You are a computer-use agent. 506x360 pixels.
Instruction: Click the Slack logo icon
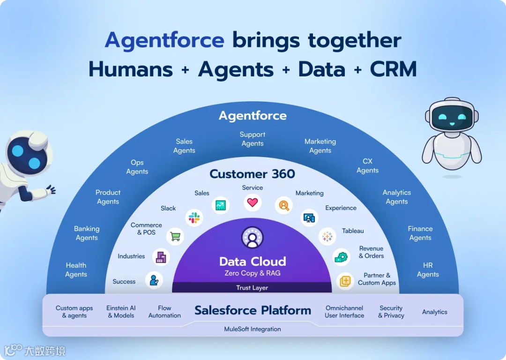click(194, 217)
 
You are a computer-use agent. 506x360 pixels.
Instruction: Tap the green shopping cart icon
click(175, 236)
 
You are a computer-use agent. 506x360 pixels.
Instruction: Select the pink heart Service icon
click(253, 203)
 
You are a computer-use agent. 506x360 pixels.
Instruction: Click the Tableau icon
click(327, 236)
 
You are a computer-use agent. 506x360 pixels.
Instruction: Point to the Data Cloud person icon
click(253, 238)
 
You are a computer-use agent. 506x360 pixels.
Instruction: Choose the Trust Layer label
click(252, 288)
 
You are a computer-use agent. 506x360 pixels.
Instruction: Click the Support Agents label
click(253, 139)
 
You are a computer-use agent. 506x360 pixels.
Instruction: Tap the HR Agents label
click(428, 270)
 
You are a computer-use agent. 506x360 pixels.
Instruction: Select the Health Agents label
click(76, 270)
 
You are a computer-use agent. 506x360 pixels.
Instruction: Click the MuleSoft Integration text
click(253, 329)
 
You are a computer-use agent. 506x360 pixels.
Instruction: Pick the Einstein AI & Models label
click(121, 312)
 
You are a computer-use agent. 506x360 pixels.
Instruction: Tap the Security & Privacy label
click(391, 312)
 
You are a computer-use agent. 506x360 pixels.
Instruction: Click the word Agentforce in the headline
click(164, 40)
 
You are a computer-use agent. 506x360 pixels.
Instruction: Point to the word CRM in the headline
click(393, 69)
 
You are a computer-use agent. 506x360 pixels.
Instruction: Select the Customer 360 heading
click(252, 174)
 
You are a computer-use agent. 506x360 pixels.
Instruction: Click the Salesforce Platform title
click(253, 310)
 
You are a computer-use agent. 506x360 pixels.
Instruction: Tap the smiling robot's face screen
click(452, 118)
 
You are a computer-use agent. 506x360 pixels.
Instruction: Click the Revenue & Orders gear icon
click(341, 257)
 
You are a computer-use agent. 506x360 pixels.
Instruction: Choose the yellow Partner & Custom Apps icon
click(345, 281)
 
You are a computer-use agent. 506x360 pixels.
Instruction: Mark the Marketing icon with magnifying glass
click(283, 205)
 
